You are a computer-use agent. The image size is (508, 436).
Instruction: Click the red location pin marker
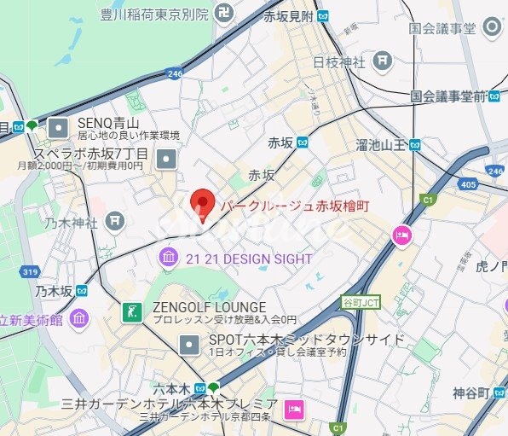click(x=202, y=204)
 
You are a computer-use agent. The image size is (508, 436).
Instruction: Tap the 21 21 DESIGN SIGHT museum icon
click(x=168, y=258)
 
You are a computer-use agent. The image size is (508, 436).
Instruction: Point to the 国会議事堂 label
click(x=442, y=28)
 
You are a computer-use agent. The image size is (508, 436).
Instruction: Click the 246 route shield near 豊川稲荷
click(x=175, y=74)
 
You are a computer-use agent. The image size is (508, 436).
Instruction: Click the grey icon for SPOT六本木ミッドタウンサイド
click(x=189, y=345)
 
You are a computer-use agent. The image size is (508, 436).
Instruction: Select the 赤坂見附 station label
click(x=288, y=16)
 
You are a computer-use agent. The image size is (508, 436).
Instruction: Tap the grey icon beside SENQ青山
click(x=58, y=128)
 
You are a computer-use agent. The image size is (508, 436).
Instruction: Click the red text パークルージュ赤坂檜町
click(x=295, y=206)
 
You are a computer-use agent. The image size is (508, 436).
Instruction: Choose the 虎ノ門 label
click(x=492, y=266)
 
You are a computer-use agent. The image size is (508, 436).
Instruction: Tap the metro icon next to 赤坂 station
click(x=302, y=142)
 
